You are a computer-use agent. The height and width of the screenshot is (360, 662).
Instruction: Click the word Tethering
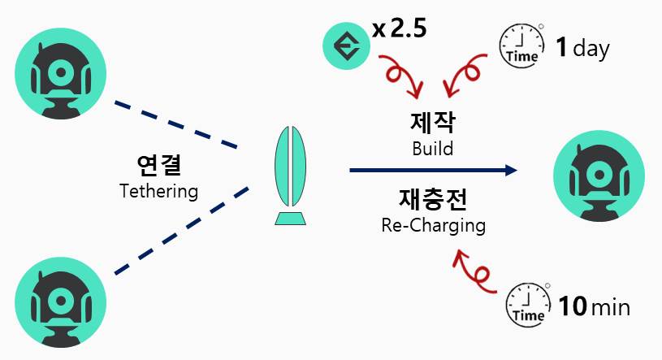[x=158, y=192]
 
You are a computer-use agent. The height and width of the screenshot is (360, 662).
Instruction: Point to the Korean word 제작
[x=432, y=124]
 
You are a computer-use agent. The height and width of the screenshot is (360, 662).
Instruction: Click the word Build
[x=432, y=149]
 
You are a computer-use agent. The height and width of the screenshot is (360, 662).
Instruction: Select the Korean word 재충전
[x=432, y=197]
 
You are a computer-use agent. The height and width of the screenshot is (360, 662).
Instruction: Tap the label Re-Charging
[x=432, y=225]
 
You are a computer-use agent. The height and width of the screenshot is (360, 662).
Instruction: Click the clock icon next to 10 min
[x=527, y=304]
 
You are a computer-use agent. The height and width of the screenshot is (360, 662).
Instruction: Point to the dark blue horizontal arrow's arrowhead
[x=510, y=170]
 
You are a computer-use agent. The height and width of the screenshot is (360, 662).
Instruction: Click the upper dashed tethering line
[x=175, y=125]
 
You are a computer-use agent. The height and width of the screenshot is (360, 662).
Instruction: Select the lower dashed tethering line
[x=175, y=232]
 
